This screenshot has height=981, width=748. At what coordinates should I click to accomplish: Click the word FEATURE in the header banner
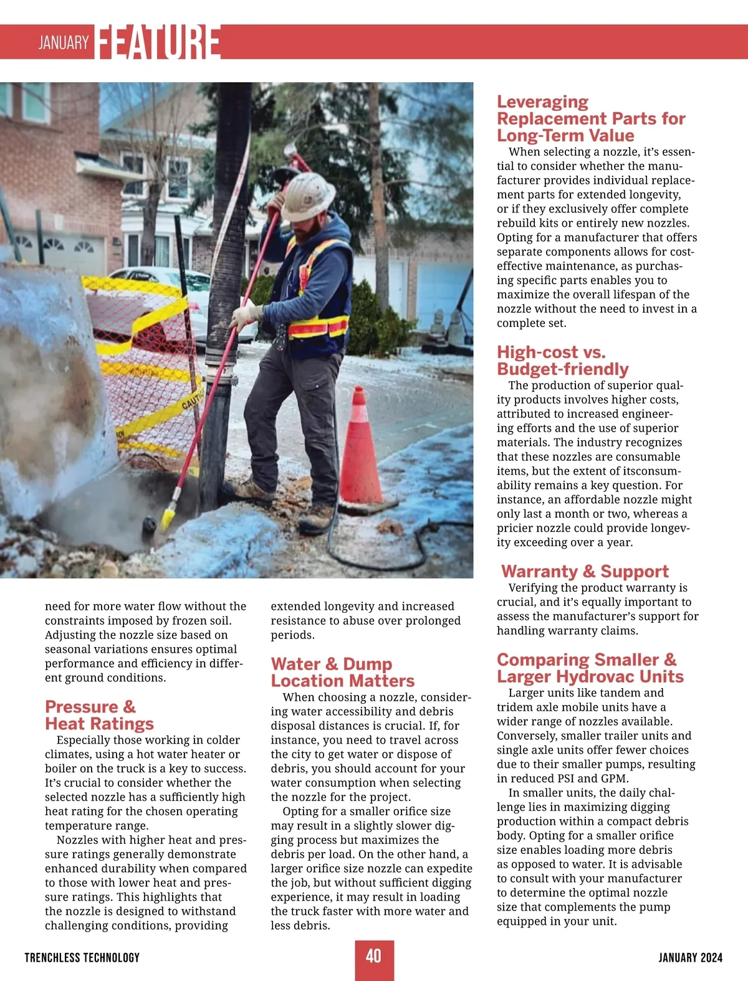coord(159,42)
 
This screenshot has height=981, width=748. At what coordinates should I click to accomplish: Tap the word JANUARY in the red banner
coord(64,42)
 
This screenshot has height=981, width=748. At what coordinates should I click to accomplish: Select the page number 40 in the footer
coord(374,956)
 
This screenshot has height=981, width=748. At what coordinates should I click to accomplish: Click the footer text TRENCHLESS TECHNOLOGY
coord(82,957)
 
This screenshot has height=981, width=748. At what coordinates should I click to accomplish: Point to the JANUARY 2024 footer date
coord(690,957)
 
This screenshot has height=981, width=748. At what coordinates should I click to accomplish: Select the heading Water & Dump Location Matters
coord(342,672)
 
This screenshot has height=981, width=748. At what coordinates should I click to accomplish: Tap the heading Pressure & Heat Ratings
coord(99,715)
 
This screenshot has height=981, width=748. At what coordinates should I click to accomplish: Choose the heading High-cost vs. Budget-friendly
coord(562,361)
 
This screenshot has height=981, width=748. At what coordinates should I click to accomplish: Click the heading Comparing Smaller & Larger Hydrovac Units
coord(590,668)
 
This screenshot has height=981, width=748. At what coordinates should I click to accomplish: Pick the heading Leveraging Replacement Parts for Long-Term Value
coord(590,118)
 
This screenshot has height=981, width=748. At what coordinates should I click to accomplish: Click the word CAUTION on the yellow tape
coord(192,397)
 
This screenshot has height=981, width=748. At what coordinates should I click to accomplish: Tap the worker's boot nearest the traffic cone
coord(317,516)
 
